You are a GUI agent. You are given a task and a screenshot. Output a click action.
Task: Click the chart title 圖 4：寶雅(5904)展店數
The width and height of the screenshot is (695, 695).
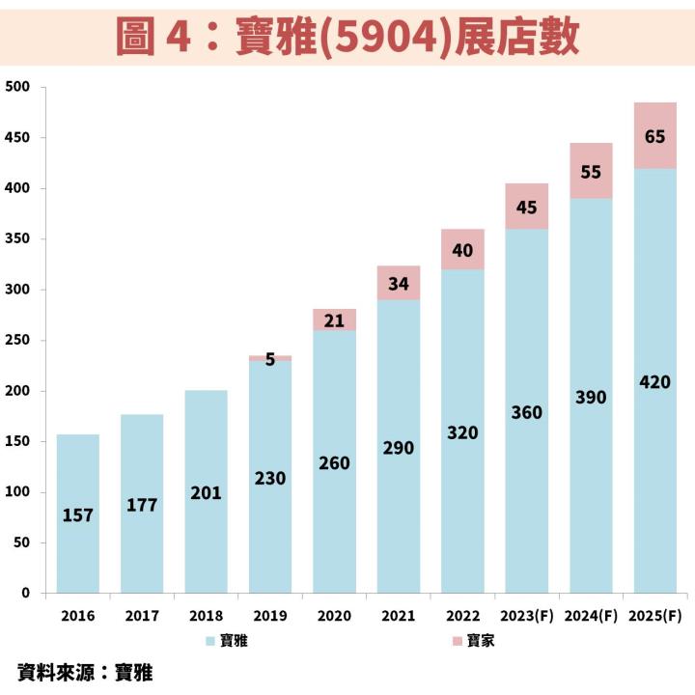click(x=347, y=36)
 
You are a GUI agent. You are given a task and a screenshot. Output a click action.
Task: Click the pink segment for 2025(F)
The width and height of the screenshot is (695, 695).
click(x=654, y=135)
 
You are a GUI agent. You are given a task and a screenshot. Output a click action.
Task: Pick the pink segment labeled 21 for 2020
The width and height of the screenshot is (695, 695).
click(x=334, y=320)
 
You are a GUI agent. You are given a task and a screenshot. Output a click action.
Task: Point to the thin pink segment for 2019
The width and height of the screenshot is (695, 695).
click(x=270, y=358)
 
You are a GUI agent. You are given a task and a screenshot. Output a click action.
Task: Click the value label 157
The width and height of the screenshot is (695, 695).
click(x=78, y=515)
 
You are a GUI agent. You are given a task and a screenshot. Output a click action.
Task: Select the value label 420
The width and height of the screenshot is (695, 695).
click(x=654, y=382)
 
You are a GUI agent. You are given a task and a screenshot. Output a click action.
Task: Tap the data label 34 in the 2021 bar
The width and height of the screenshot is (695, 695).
click(x=399, y=284)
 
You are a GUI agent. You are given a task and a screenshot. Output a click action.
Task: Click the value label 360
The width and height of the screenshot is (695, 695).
click(x=527, y=412)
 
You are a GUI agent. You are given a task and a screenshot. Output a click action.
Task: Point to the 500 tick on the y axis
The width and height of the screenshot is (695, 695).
click(x=19, y=88)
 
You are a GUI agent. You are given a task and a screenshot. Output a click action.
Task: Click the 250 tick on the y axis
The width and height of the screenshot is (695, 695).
click(x=19, y=341)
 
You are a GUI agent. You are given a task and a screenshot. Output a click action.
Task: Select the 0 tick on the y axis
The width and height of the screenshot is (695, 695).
click(x=27, y=594)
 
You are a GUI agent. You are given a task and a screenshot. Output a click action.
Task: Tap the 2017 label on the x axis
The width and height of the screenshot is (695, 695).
click(x=142, y=616)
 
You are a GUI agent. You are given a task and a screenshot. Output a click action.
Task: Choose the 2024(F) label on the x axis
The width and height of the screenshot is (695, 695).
click(x=591, y=616)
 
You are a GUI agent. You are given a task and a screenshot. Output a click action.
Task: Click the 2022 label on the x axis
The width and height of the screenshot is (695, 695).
click(x=462, y=616)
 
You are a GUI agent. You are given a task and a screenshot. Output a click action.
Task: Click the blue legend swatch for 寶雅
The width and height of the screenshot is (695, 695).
click(x=210, y=640)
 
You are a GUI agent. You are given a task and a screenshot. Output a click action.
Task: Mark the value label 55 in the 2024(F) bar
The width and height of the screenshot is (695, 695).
click(x=591, y=172)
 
